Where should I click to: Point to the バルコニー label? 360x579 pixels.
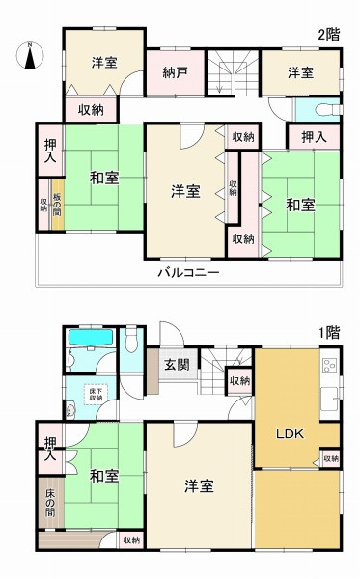(x=189, y=274)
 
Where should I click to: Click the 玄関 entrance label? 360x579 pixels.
(x=176, y=365)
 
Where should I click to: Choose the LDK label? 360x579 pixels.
(x=291, y=434)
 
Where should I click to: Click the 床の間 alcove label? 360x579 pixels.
(x=49, y=501)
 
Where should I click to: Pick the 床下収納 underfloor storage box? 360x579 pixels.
(x=96, y=394)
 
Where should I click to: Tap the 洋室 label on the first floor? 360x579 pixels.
(x=199, y=486)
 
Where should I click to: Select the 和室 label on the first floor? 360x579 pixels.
(x=104, y=476)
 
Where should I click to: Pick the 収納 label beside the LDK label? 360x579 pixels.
(x=330, y=457)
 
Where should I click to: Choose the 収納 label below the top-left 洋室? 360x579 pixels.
(x=92, y=110)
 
